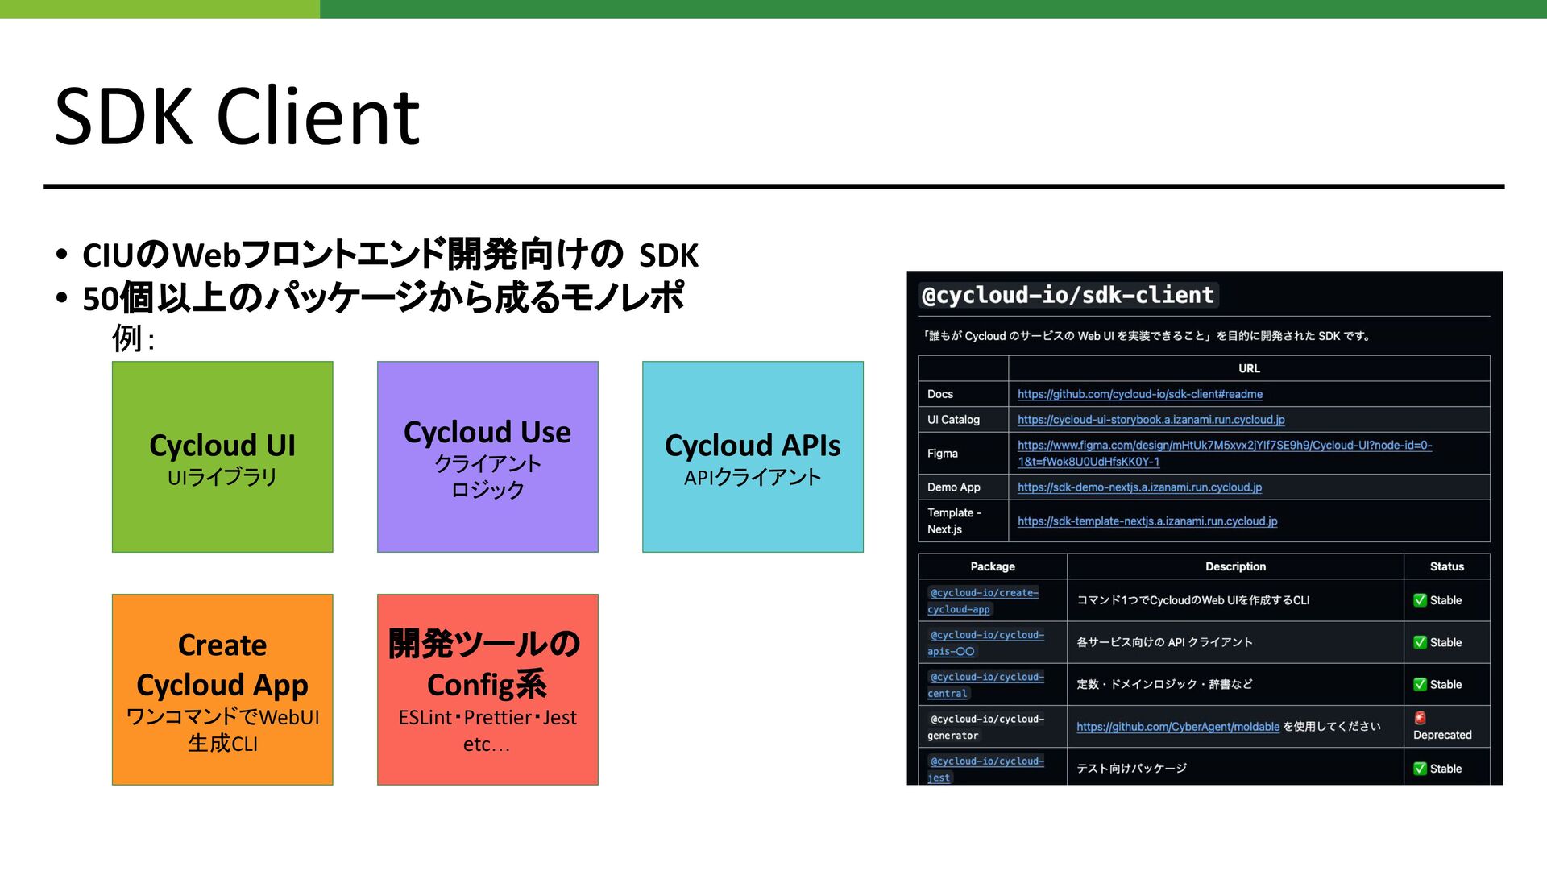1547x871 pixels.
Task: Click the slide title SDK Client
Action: tap(237, 117)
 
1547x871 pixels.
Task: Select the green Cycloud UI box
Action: tap(222, 457)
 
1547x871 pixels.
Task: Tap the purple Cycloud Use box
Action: tap(487, 457)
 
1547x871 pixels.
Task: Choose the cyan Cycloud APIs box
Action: tap(753, 457)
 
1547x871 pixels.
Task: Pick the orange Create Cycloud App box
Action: tap(222, 690)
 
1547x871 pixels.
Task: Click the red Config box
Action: tap(487, 690)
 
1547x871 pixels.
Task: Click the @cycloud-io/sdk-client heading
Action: tap(1068, 296)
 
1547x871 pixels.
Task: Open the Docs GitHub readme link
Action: tap(1139, 394)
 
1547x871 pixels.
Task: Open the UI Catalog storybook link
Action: tap(1151, 420)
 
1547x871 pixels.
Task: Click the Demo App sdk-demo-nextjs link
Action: tap(1139, 487)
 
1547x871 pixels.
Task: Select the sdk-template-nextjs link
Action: tap(1147, 521)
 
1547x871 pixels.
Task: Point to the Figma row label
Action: tap(943, 454)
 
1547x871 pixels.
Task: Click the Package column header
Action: tap(993, 566)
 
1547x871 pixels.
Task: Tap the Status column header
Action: tap(1446, 566)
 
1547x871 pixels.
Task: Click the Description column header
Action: tap(1235, 566)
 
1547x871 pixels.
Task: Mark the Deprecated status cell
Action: tap(1441, 727)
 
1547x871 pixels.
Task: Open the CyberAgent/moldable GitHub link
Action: tap(1177, 727)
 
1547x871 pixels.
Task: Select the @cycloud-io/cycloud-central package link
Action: tap(986, 685)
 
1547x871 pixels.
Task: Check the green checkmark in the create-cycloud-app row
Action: tap(1420, 600)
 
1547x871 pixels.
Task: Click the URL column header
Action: tap(1249, 368)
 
